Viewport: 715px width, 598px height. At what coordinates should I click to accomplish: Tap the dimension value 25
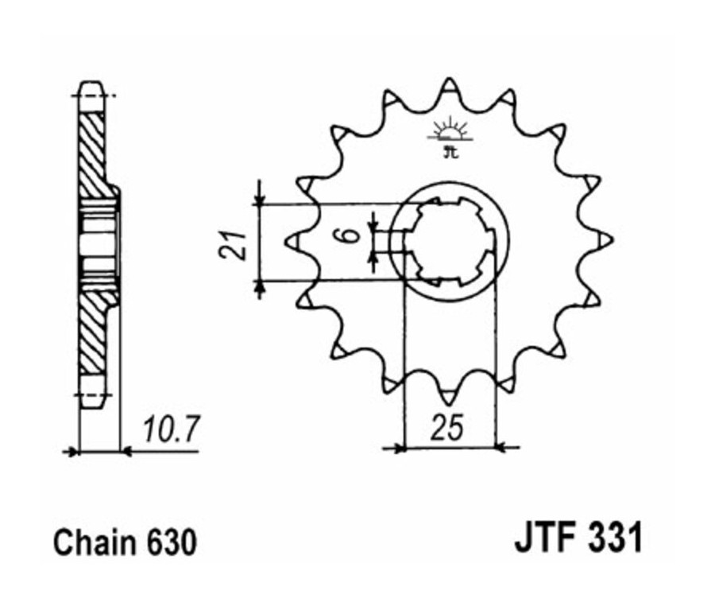tap(450, 429)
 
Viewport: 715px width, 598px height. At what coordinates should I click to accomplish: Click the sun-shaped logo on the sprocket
tap(450, 130)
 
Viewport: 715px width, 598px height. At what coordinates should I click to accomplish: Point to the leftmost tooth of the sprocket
tap(293, 239)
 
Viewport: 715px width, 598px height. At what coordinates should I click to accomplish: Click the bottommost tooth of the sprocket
tap(450, 393)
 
